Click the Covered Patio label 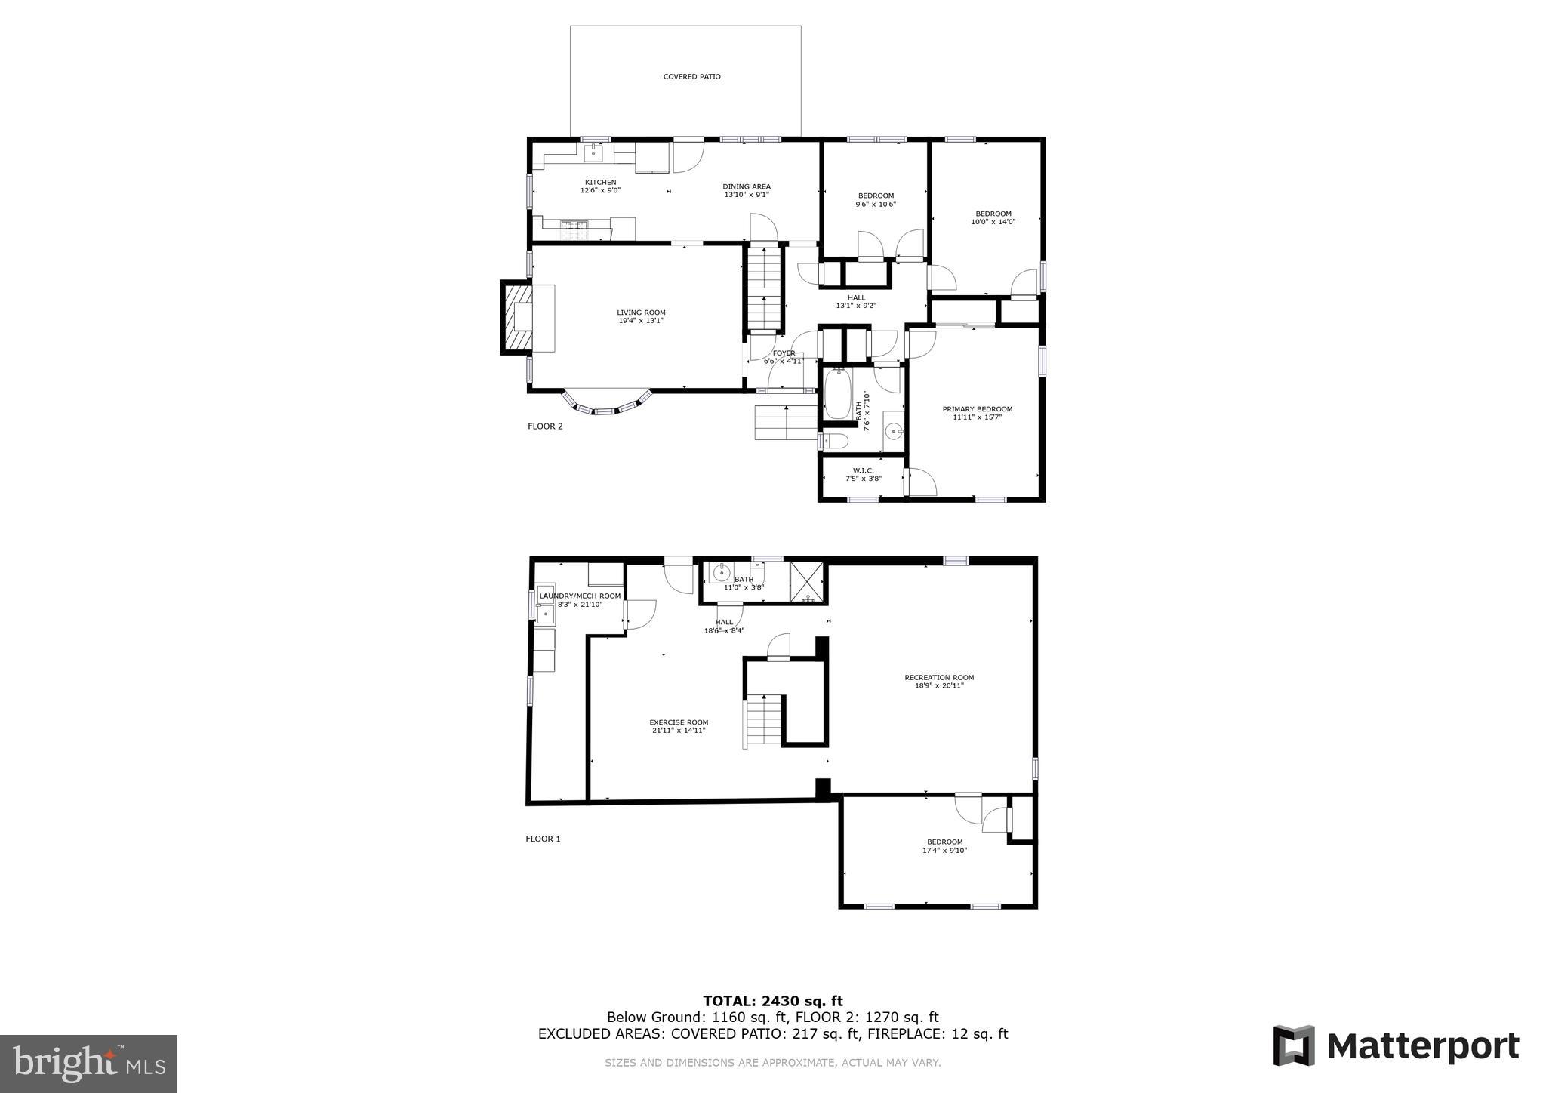[x=691, y=77]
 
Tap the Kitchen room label [x=600, y=182]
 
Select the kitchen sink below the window [x=593, y=154]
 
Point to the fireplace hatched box [x=516, y=317]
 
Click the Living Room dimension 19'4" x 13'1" [x=641, y=321]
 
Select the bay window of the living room [x=607, y=406]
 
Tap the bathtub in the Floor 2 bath [x=837, y=393]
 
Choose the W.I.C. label [x=863, y=470]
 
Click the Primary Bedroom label [x=977, y=409]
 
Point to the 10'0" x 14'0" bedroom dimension [x=993, y=222]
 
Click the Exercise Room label [x=679, y=722]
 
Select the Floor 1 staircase [x=764, y=721]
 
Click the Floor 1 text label [x=543, y=839]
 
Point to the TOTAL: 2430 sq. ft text [x=772, y=1001]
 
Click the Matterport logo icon [x=1293, y=1045]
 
